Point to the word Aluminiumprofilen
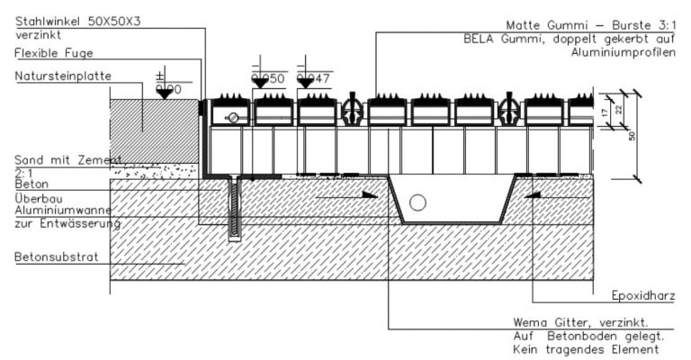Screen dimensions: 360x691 624,54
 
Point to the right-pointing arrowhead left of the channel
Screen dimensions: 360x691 369,193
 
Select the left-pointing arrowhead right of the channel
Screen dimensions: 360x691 533,193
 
